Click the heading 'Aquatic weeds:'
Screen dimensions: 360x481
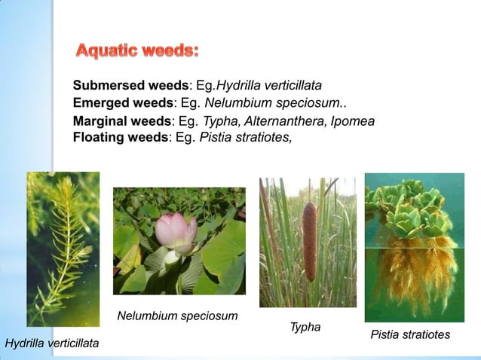[x=137, y=51]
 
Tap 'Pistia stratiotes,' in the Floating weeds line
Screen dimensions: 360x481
[x=246, y=137]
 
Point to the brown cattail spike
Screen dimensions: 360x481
[x=309, y=241]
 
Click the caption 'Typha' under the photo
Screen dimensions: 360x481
[x=305, y=327]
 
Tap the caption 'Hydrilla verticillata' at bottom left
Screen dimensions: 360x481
[x=52, y=344]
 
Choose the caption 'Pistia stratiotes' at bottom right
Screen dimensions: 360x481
[x=410, y=334]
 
